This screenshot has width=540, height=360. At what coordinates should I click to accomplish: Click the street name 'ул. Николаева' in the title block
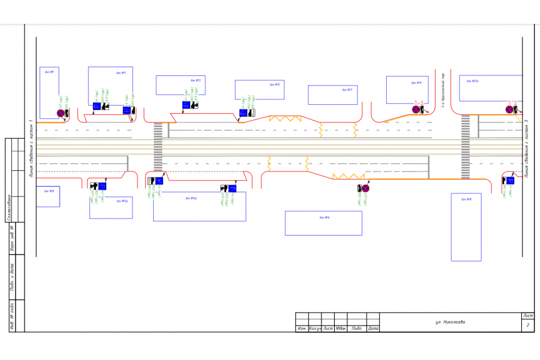click(x=450, y=322)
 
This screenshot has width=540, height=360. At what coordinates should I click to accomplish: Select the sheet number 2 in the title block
click(x=528, y=325)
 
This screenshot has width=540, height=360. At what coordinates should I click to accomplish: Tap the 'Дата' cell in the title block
click(x=372, y=329)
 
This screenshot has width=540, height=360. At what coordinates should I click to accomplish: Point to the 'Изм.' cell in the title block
click(x=302, y=329)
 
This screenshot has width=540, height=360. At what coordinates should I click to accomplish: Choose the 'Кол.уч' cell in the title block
click(x=315, y=329)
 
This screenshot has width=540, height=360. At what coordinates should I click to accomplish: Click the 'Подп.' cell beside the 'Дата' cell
click(x=356, y=329)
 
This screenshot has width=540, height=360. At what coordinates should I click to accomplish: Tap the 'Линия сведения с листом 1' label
click(x=31, y=148)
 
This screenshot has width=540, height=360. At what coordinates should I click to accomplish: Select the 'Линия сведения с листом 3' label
click(x=526, y=148)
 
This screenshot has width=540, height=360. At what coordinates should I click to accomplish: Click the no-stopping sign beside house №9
click(x=61, y=113)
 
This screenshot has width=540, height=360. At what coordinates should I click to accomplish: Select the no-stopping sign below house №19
click(x=415, y=109)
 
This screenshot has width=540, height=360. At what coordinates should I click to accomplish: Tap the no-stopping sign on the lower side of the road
click(x=365, y=188)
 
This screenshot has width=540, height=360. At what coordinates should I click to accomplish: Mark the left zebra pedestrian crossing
click(x=158, y=146)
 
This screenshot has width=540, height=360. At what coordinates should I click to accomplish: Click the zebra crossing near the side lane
click(x=465, y=146)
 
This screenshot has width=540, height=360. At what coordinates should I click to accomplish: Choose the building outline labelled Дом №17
click(x=332, y=95)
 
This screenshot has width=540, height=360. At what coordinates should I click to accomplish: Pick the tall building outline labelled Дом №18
click(x=466, y=227)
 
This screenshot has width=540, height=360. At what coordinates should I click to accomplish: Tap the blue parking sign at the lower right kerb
click(x=510, y=180)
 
